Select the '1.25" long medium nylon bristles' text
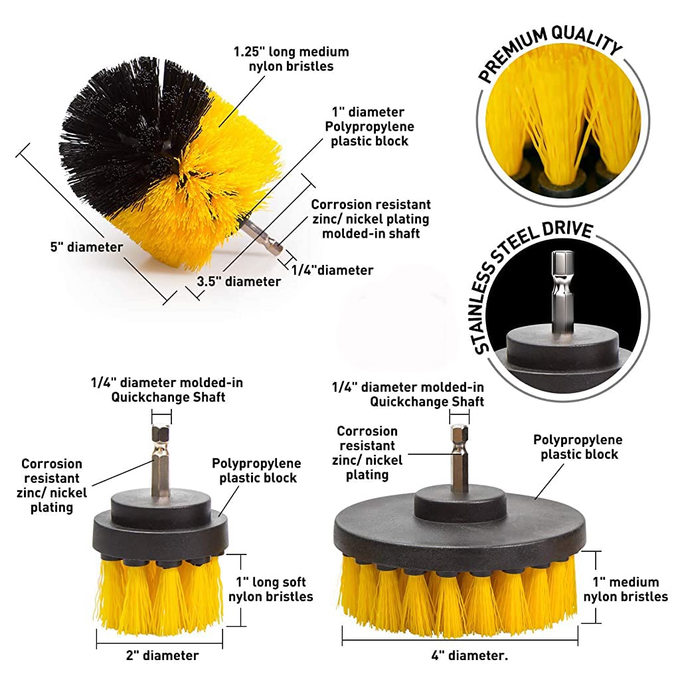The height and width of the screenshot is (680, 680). (x=291, y=58)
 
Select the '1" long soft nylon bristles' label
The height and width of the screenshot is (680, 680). (x=270, y=589)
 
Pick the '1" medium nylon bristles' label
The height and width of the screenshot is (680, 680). (x=626, y=589)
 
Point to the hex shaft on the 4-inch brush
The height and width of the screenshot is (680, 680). (x=459, y=458)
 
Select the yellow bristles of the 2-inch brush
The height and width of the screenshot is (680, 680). (x=159, y=594)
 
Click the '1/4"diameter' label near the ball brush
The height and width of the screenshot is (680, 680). (x=332, y=270)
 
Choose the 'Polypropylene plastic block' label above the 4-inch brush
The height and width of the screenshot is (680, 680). (x=578, y=447)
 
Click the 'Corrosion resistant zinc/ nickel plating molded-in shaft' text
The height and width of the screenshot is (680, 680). (x=371, y=218)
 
